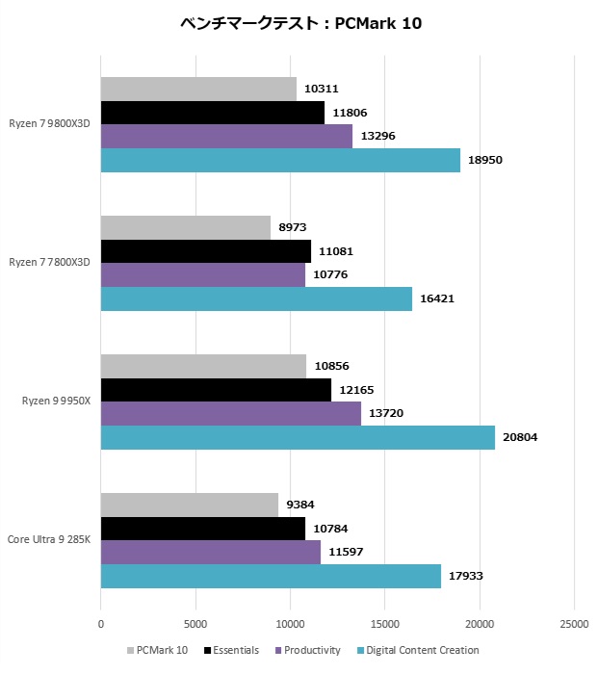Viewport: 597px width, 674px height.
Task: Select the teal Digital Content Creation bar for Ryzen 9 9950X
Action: point(298,438)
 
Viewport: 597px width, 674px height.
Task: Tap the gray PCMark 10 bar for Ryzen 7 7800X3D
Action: point(186,228)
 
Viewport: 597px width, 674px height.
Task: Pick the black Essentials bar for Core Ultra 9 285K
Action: point(202,529)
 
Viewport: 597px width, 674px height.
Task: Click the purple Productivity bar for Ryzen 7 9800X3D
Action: point(226,137)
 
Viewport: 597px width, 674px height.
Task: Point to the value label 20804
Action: point(521,438)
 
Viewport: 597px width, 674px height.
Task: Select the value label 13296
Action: point(378,137)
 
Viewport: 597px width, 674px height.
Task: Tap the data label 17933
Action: point(466,576)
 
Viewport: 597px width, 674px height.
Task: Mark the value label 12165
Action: point(357,391)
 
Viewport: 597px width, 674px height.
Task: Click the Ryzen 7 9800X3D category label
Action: point(50,124)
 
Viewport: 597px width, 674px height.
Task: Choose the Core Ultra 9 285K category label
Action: point(49,539)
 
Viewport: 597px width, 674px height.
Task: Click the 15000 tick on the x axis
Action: point(385,624)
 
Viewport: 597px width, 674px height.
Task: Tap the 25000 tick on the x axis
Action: point(575,624)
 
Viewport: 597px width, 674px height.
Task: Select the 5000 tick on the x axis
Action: point(195,624)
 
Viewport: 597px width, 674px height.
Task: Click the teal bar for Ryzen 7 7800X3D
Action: point(256,298)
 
